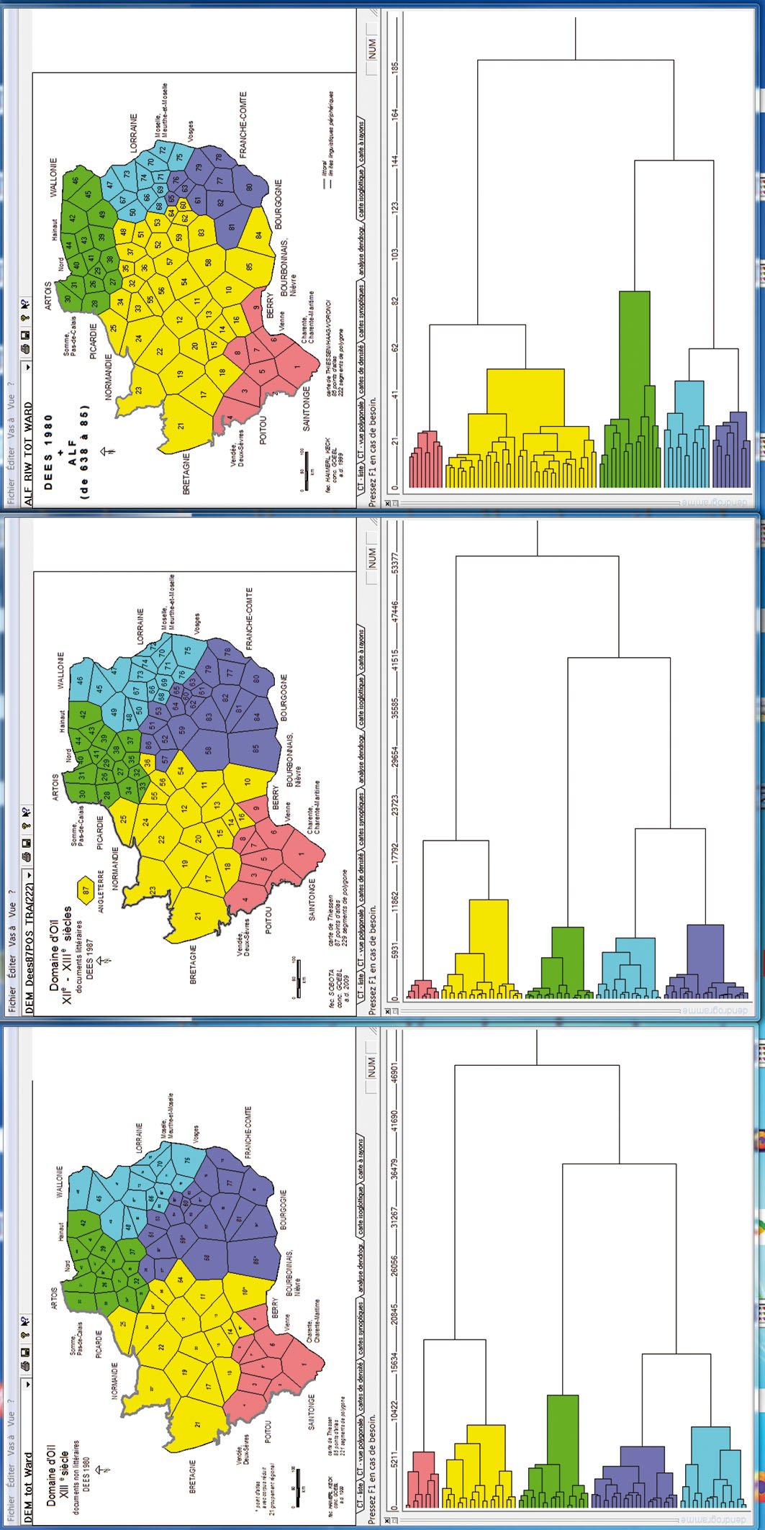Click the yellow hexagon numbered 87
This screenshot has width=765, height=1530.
tap(86, 890)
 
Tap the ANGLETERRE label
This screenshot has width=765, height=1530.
tap(101, 891)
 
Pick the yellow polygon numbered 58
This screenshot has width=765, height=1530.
tap(208, 262)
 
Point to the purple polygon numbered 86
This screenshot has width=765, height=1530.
tap(148, 746)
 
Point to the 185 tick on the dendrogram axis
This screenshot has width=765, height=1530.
tap(394, 66)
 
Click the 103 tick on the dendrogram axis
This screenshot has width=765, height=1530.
tap(394, 254)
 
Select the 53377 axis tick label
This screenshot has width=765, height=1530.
tap(394, 565)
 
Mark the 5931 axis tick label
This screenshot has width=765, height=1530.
tap(394, 949)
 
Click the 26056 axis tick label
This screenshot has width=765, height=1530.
tap(394, 1269)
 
